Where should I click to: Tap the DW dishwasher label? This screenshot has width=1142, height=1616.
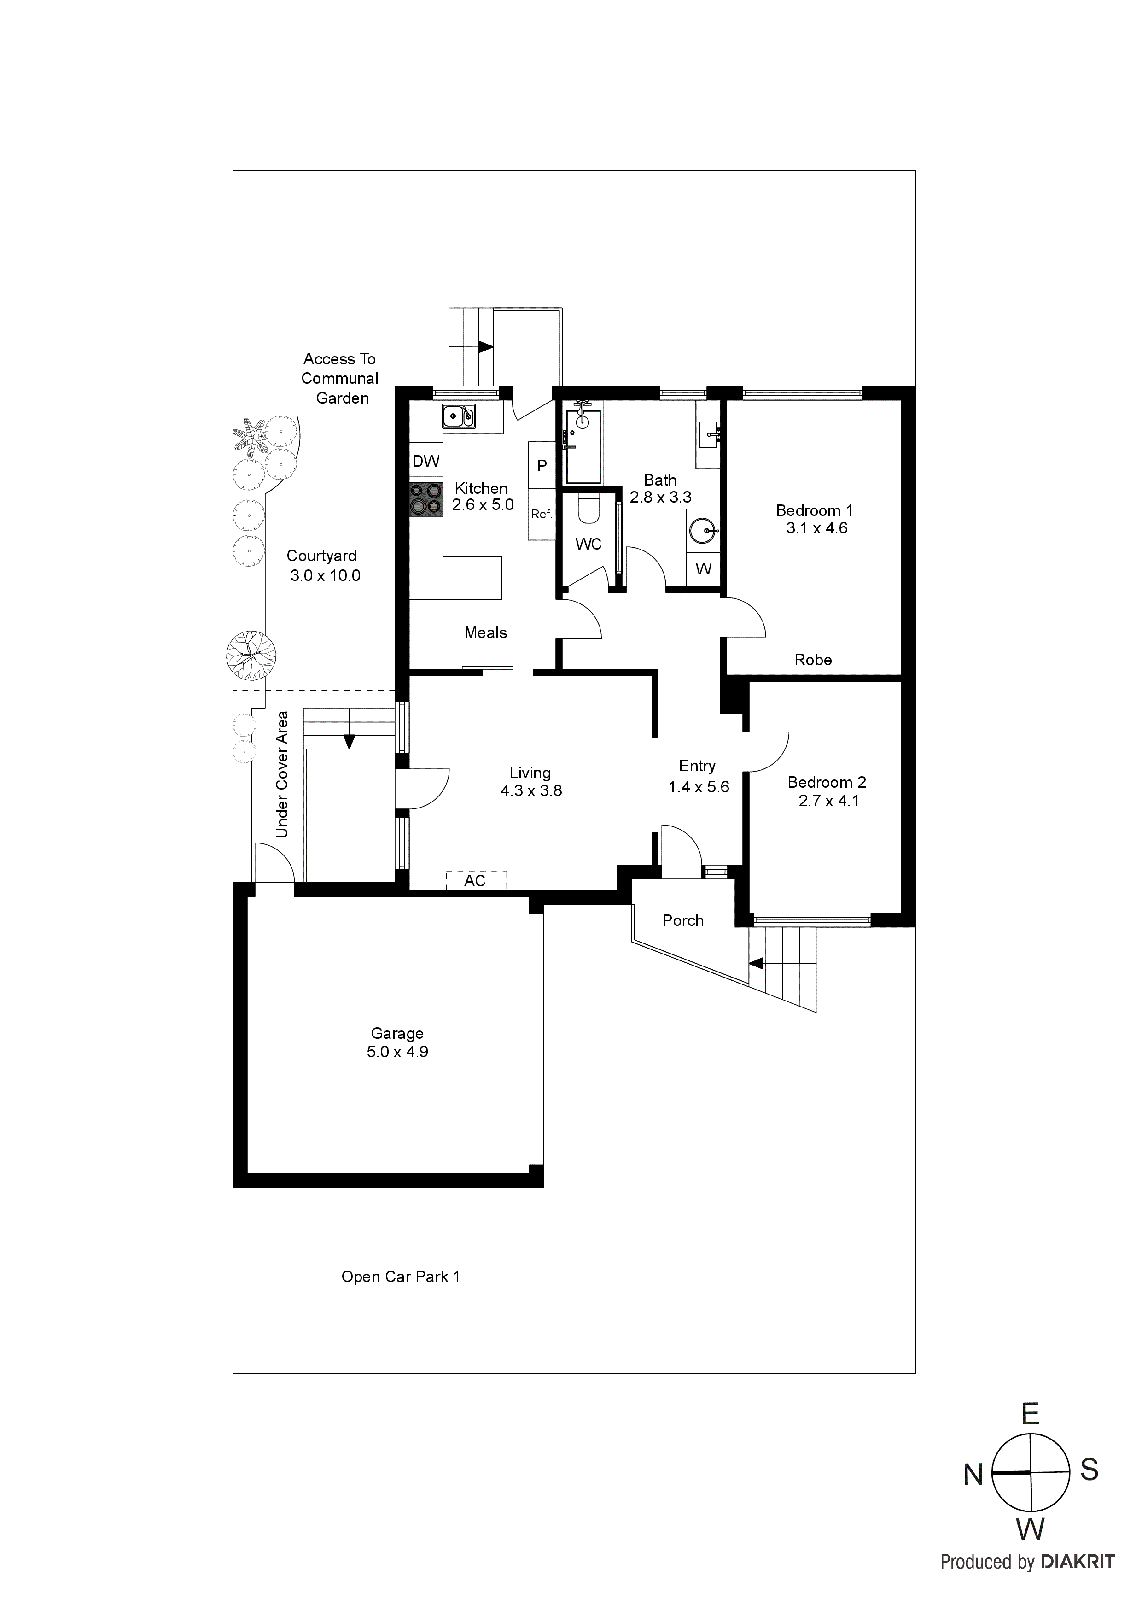coord(425,462)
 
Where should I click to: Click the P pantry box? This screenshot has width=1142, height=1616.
coord(542,465)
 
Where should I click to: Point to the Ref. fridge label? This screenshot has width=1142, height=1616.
coord(541,515)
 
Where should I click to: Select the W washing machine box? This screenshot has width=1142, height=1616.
coord(703,569)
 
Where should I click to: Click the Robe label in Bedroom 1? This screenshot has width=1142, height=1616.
coord(813,660)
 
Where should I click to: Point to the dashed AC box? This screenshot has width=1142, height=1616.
coord(476,880)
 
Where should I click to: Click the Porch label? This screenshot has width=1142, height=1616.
coord(682,920)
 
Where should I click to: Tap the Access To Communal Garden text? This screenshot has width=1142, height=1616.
coord(340,379)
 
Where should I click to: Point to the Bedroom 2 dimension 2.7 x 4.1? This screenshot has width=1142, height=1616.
coord(828,801)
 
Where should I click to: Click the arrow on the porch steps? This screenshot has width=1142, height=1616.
coord(757,964)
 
